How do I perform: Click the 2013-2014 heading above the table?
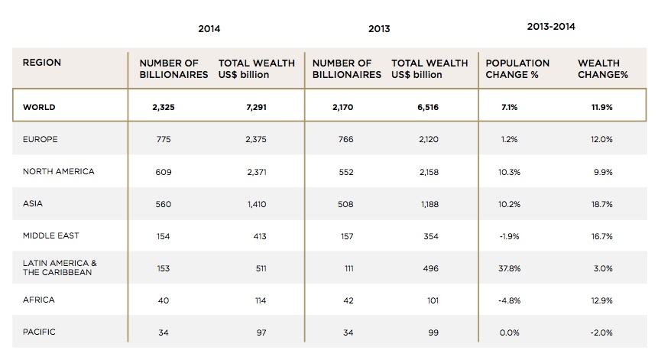pos(551,27)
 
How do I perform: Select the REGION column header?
pos(42,63)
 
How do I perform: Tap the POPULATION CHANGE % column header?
pos(517,69)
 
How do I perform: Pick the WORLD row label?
pos(39,108)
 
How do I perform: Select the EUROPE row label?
pos(41,140)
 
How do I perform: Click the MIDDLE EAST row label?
pos(50,236)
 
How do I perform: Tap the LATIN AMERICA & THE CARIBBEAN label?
pos(60,268)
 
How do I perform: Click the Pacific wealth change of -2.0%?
pos(601,332)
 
